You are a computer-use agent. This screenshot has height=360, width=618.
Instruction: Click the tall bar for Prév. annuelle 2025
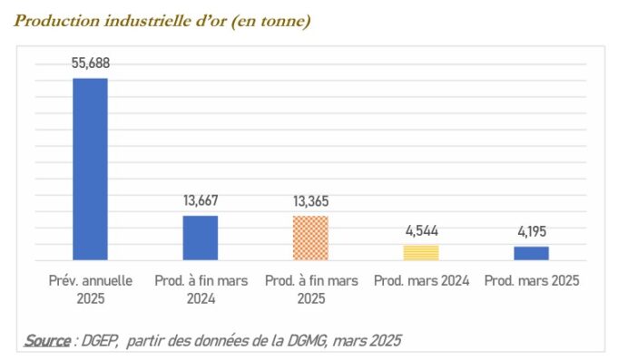[90, 170]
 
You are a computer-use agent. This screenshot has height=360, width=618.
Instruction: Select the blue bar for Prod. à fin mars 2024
[201, 238]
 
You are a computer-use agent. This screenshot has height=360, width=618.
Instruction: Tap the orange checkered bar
[310, 238]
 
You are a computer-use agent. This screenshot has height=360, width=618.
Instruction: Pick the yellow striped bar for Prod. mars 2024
[420, 253]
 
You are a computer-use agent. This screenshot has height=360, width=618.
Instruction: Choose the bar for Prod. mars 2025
[531, 253]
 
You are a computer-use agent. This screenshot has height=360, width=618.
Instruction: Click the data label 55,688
[91, 63]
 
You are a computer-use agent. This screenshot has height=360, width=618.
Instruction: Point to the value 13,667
[201, 200]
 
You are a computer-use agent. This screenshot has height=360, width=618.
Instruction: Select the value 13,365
[310, 200]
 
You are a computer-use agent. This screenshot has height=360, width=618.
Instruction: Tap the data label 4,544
[421, 230]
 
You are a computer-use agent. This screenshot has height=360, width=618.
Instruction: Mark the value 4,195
[531, 231]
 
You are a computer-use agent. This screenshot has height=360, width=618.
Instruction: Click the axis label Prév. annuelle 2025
[90, 289]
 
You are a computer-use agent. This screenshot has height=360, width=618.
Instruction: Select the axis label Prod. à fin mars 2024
[201, 289]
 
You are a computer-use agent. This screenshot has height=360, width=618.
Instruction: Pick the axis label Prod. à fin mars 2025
[310, 289]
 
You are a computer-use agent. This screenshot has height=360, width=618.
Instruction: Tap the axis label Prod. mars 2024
[421, 281]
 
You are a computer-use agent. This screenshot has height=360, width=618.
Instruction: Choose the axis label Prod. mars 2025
[531, 281]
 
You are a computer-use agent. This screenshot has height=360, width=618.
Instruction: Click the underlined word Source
[46, 340]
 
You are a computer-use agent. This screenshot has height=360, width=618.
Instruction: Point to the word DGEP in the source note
[101, 340]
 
